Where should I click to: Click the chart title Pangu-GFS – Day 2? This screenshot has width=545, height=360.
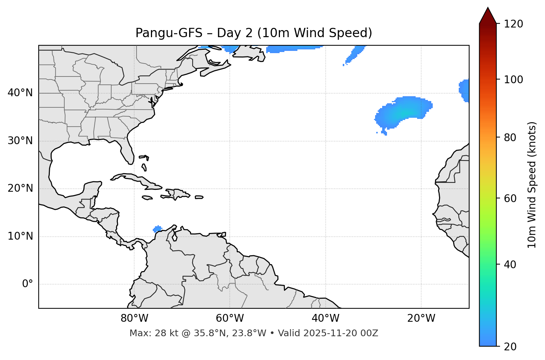click(254, 33)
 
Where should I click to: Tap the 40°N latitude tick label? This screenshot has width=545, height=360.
click(20, 93)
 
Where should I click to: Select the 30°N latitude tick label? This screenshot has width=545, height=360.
click(20, 141)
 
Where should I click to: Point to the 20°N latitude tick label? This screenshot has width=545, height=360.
click(20, 188)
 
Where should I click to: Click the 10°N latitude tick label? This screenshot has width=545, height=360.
click(20, 236)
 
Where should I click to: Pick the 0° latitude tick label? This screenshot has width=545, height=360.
click(27, 284)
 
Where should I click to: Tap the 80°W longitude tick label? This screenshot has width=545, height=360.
click(134, 318)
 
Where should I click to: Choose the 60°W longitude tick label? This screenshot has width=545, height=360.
click(230, 318)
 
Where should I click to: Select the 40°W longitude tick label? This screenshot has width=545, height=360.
click(325, 318)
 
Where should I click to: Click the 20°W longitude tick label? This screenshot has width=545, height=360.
click(421, 318)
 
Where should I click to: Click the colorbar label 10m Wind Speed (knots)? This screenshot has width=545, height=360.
click(532, 185)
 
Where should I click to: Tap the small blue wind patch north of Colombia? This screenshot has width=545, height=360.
click(158, 228)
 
